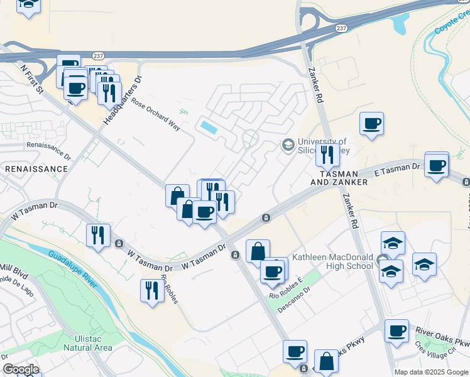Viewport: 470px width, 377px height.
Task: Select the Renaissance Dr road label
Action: coord(48,149)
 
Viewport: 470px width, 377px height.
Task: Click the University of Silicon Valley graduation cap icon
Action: coord(288,145)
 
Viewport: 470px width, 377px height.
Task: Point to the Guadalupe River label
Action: coord(73,270)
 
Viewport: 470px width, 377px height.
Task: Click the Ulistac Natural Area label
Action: coord(89,343)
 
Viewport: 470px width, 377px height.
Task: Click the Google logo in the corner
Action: coord(21,369)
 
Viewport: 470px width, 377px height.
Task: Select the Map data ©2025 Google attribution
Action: coord(431,372)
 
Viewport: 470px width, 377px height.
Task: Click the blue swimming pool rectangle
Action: coord(209,126)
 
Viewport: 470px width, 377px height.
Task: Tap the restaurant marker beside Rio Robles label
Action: coord(152,290)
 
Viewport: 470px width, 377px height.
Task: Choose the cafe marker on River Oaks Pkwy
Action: coord(396,331)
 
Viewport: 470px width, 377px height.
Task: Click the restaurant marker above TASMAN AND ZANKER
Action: coord(327,154)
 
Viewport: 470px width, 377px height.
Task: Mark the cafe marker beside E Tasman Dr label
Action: coord(436,165)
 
